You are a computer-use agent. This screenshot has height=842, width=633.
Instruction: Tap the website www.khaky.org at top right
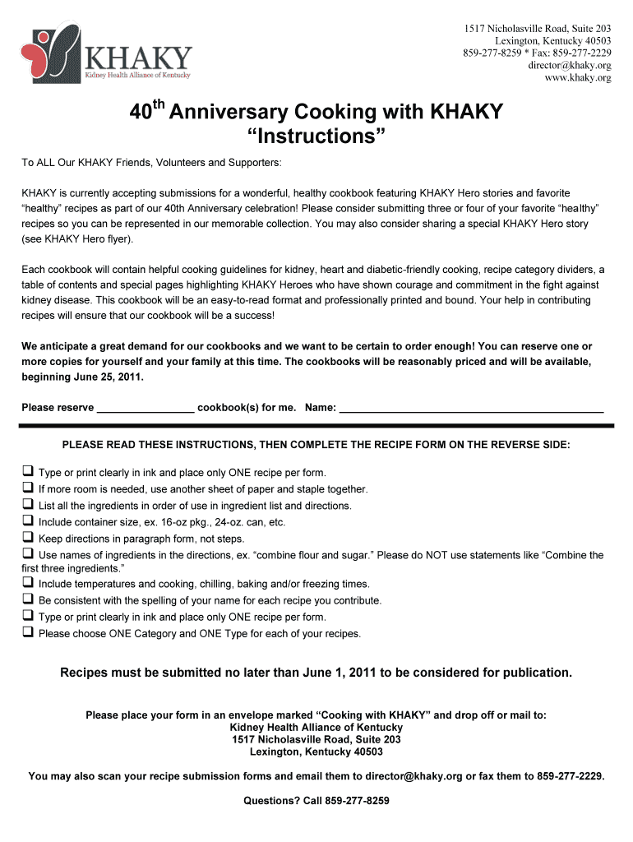578,78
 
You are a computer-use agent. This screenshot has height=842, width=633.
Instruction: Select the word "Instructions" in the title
316,136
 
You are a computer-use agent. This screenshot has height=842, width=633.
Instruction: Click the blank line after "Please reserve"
146,407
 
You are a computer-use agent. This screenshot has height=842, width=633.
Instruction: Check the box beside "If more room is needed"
27,488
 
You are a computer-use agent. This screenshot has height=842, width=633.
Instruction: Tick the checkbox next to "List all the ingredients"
27,504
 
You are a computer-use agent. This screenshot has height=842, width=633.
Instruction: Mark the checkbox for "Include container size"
27,520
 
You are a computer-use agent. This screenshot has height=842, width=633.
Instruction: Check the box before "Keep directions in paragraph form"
27,538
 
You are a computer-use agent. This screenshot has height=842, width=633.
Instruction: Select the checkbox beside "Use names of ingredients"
27,553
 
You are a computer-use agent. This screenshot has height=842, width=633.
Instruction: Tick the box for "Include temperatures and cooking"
27,583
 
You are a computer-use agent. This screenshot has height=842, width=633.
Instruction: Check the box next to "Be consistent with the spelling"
27,599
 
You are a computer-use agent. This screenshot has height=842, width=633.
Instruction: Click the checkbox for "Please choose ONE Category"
27,632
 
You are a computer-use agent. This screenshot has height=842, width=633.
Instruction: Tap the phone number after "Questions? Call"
357,800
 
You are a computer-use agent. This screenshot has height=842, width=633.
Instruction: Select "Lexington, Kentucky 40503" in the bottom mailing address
316,752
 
